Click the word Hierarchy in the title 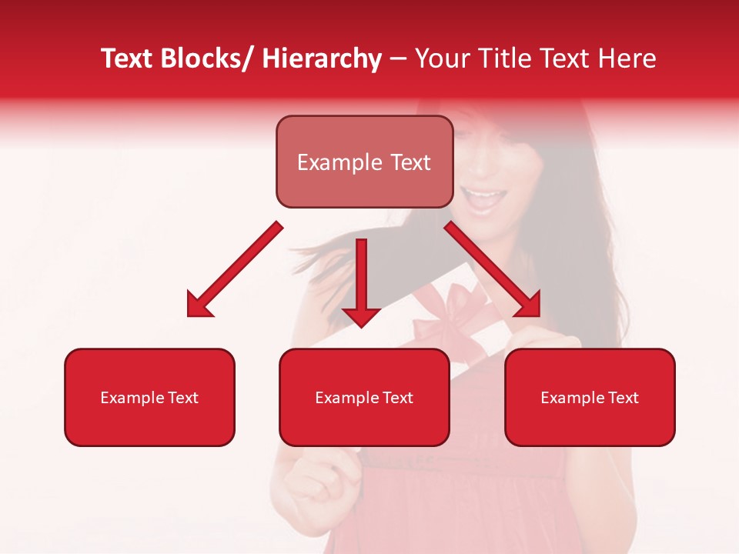[322, 58]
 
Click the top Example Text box [364, 162]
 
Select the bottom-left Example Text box [149, 397]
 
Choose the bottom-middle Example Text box [364, 397]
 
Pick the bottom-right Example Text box [590, 397]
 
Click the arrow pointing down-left [235, 269]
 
